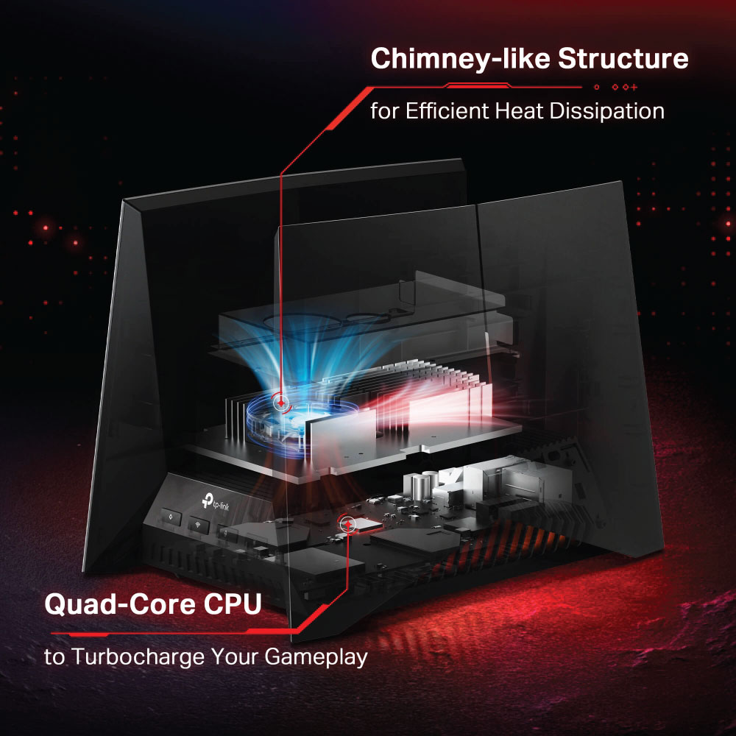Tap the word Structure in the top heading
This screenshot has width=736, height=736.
click(623, 58)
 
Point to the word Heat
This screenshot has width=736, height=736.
click(519, 111)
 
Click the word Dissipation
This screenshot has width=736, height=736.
click(607, 112)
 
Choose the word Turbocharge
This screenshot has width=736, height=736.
click(138, 657)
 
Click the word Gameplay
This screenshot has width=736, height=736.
click(316, 657)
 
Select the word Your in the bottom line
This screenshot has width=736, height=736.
click(236, 657)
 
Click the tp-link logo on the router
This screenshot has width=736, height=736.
click(216, 503)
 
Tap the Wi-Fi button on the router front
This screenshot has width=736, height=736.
click(199, 525)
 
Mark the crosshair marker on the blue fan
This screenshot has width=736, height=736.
click(280, 403)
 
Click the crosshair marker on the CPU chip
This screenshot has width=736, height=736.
click(347, 523)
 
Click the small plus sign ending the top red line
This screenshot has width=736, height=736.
click(634, 87)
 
